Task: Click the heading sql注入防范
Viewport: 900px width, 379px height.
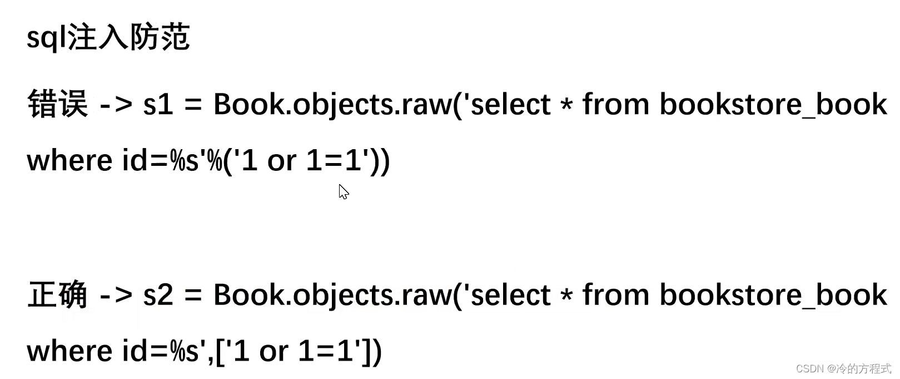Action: point(108,38)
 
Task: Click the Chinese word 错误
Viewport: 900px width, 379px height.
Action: point(58,104)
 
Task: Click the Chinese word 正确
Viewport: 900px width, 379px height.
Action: point(58,294)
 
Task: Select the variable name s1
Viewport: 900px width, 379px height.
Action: point(158,104)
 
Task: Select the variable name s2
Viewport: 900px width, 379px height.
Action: point(158,294)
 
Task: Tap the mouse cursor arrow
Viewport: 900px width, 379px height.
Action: point(343,191)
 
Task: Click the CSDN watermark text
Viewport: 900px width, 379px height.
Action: point(843,368)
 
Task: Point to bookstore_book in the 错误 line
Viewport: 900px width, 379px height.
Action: point(773,105)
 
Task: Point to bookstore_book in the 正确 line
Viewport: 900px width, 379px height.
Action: point(773,295)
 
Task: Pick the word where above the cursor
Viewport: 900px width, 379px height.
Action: point(69,161)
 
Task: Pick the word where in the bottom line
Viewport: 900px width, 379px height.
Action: point(69,351)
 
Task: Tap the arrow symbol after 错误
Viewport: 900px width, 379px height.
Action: point(116,105)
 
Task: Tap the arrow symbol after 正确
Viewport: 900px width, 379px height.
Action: point(116,295)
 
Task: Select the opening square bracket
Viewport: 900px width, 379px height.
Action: point(220,352)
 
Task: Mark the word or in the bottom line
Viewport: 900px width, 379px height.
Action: point(274,352)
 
